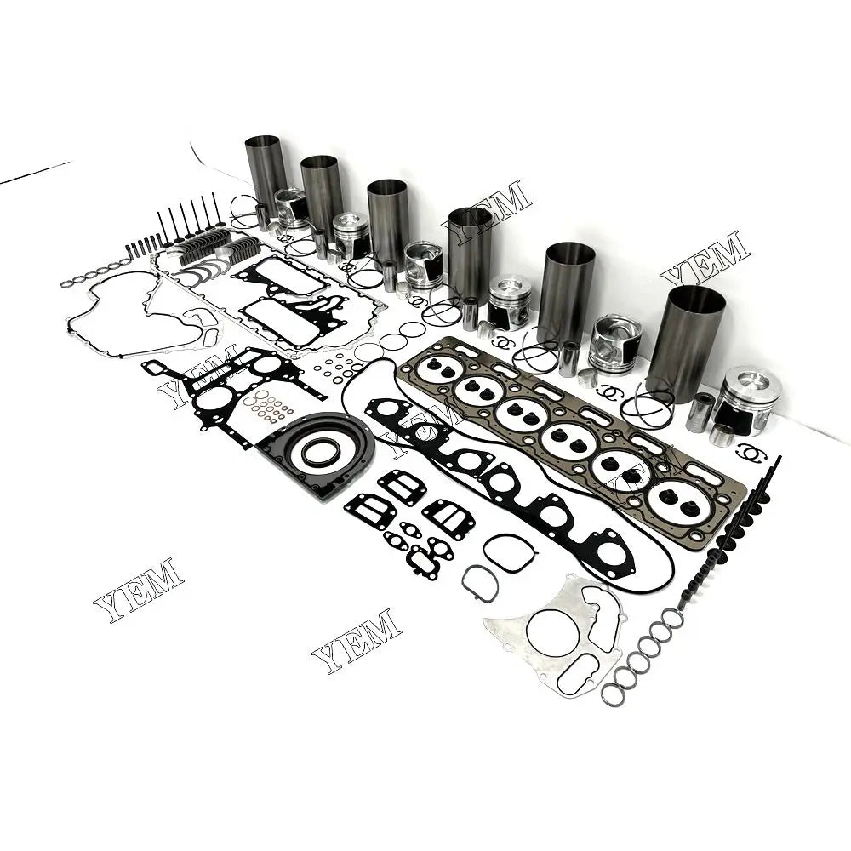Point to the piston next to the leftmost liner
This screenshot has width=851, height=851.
[x=292, y=208]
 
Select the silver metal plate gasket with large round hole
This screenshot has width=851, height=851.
[x=557, y=630]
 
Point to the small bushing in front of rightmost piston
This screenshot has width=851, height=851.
[x=722, y=435]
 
